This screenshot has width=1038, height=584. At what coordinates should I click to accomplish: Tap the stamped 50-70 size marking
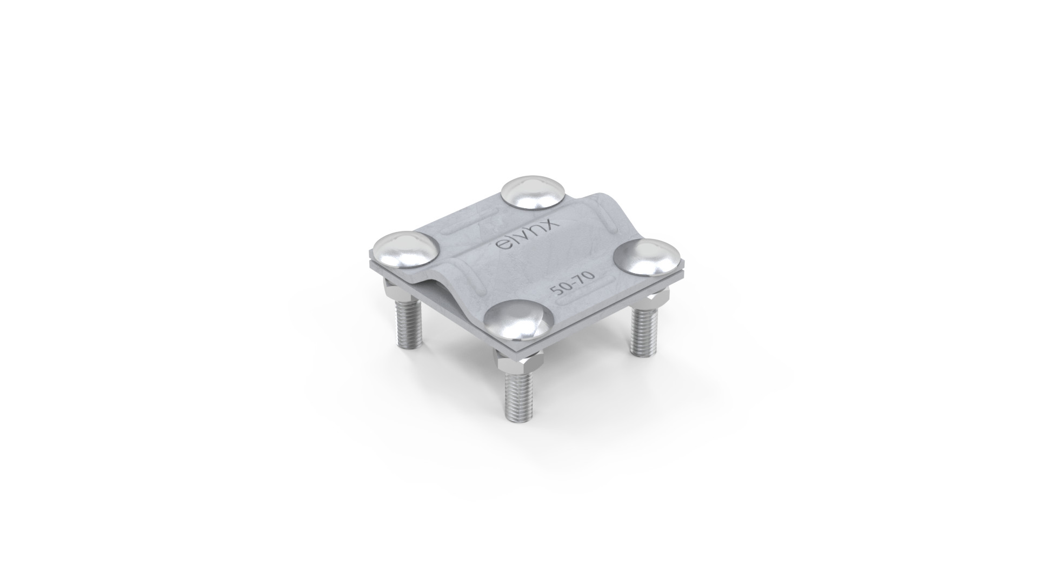click(x=573, y=283)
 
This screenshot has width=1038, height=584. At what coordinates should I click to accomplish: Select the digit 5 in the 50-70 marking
click(x=555, y=291)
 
